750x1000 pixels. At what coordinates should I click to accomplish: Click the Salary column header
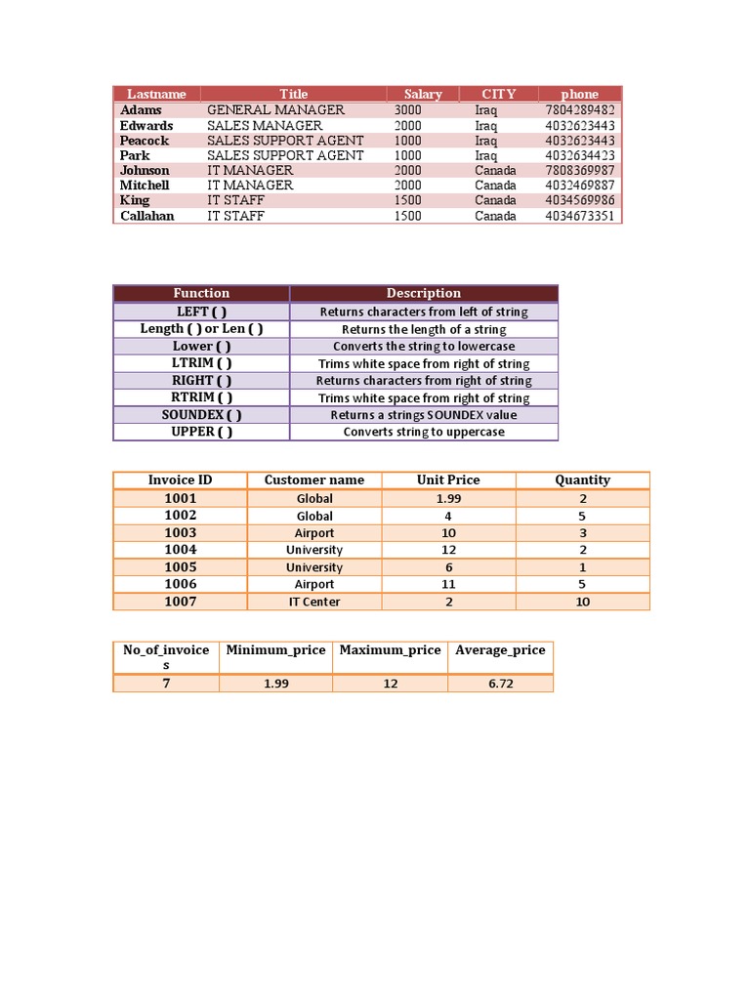[x=423, y=95]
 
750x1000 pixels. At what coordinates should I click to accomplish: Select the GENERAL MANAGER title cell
[x=275, y=110]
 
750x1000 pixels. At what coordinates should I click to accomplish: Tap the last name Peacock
[x=145, y=141]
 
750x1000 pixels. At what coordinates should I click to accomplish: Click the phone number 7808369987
[x=580, y=171]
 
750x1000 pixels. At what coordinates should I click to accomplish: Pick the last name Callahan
[x=147, y=216]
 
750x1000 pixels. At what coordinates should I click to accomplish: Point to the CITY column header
[x=498, y=95]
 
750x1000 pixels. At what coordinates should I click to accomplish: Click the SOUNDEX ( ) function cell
[x=202, y=415]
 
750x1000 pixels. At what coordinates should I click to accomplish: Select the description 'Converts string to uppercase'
[x=424, y=432]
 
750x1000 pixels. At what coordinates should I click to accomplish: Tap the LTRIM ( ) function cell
[x=202, y=363]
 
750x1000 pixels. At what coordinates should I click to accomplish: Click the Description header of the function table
[x=424, y=293]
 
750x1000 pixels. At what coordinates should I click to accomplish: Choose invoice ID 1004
[x=181, y=550]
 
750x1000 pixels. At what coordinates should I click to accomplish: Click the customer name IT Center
[x=314, y=602]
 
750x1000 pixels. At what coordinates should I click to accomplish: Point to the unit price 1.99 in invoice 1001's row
[x=448, y=498]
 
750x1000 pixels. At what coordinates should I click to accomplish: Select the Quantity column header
[x=583, y=479]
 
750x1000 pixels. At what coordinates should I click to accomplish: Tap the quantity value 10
[x=583, y=602]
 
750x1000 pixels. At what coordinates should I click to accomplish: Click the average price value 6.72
[x=501, y=684]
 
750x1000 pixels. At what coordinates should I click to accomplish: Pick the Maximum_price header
[x=391, y=650]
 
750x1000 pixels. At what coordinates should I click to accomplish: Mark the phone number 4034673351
[x=580, y=216]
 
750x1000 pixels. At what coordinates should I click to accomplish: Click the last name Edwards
[x=146, y=126]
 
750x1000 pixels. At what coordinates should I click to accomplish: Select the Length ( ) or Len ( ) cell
[x=202, y=329]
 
